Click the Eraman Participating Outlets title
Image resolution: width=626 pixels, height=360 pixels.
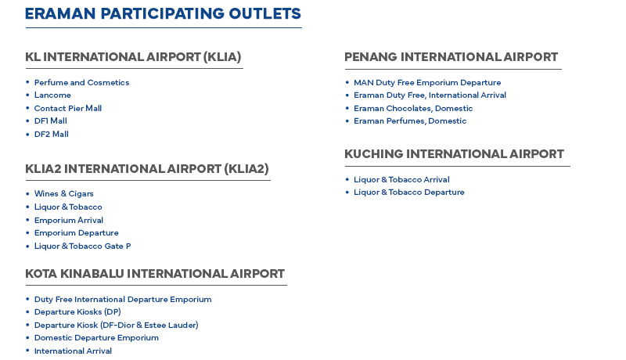click(x=163, y=13)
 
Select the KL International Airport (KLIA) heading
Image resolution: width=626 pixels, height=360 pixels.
click(x=133, y=57)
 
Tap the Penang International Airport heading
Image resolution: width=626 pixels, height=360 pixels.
click(x=452, y=57)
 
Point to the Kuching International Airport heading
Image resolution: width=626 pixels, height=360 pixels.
click(x=454, y=154)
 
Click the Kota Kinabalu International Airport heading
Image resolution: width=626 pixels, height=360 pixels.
click(x=155, y=274)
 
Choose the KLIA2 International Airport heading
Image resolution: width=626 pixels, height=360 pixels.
click(x=147, y=169)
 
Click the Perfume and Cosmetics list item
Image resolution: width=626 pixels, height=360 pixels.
click(x=82, y=83)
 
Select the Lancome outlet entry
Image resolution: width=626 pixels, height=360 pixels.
click(x=52, y=95)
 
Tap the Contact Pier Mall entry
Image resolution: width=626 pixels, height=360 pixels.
click(x=68, y=108)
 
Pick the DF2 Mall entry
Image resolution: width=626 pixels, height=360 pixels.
click(x=52, y=134)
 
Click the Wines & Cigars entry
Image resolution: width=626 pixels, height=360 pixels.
click(x=64, y=193)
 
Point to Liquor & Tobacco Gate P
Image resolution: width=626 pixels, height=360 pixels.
click(x=83, y=247)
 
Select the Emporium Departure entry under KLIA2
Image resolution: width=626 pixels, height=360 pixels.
click(x=77, y=232)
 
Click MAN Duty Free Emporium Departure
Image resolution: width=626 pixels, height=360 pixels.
click(x=427, y=83)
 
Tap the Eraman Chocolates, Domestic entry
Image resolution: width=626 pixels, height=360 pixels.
click(x=413, y=108)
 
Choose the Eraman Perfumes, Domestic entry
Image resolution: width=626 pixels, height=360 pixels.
click(x=410, y=121)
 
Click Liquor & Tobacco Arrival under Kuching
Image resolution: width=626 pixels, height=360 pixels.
click(x=401, y=179)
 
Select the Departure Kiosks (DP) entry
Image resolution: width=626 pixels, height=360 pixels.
click(x=77, y=311)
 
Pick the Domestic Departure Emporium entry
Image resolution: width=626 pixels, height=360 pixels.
click(x=96, y=337)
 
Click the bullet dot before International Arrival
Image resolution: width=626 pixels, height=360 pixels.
click(x=27, y=351)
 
